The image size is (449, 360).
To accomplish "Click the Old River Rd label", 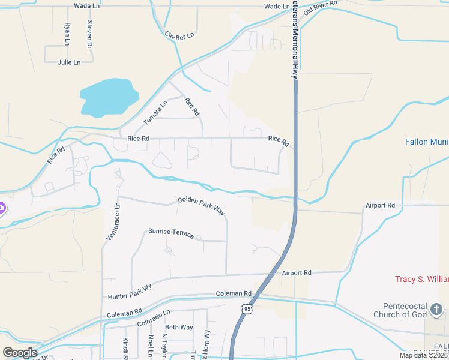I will point(321,8).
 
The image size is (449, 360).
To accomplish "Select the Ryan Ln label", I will point(67,34).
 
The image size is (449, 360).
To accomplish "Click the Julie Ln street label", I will point(69,62).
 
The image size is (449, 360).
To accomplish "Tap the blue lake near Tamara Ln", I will point(108,96).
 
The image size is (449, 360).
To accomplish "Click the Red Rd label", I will point(192,107).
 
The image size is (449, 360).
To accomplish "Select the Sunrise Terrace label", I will point(171,233).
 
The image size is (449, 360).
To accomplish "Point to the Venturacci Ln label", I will point(113,221).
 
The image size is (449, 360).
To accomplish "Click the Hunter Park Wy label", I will point(130,292).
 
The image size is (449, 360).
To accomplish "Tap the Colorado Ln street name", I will point(154,318).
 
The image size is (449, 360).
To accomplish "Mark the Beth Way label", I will point(179,328).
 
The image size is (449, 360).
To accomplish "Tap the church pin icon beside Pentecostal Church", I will point(436,310).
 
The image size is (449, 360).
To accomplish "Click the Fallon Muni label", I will point(426,142).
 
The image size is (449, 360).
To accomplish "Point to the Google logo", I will point(20,352).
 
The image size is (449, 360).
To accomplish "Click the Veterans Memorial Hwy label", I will point(295,40).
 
